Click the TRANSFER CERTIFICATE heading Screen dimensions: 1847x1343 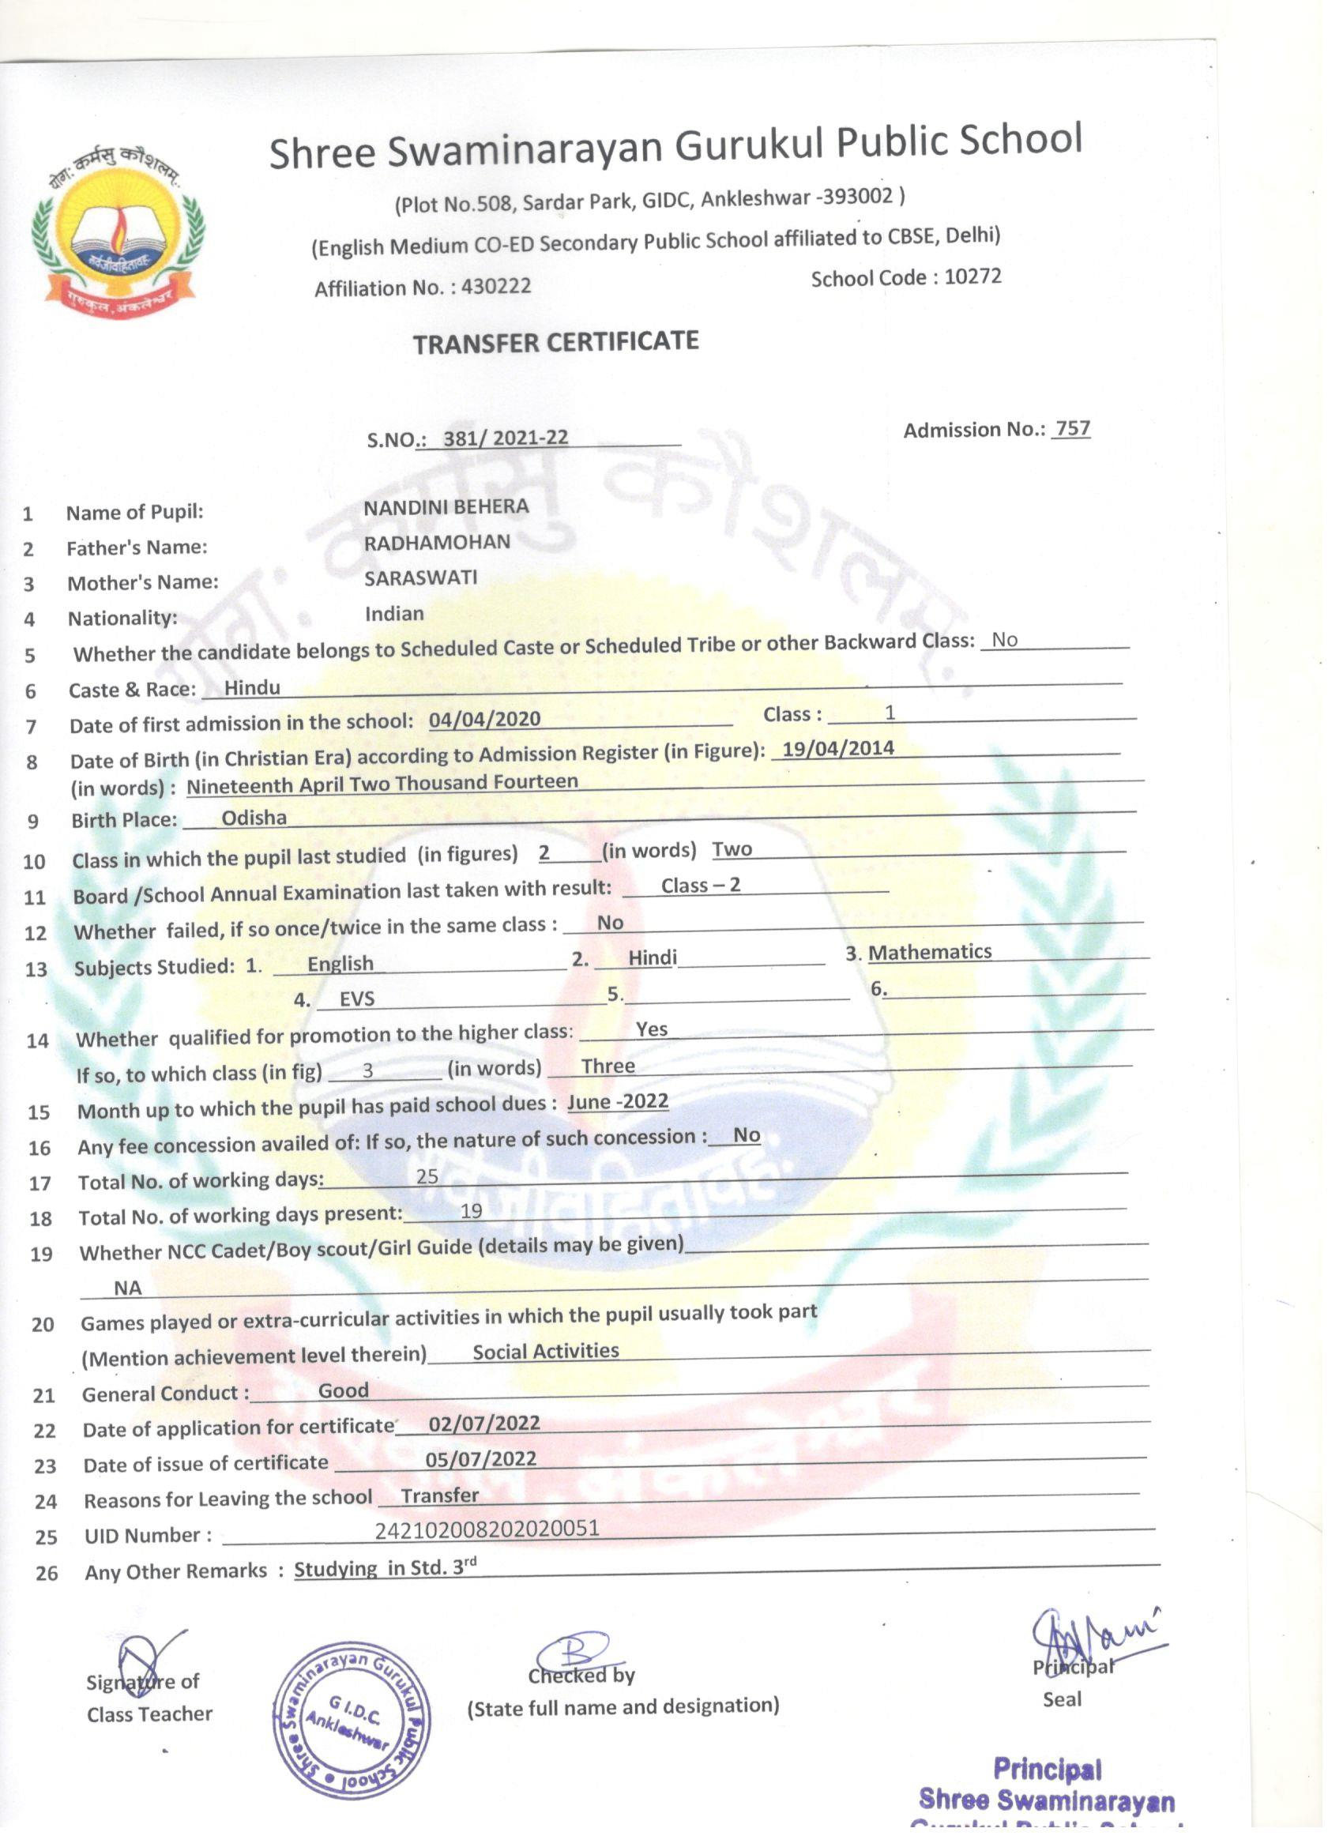click(555, 342)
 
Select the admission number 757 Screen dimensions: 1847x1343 click(1073, 428)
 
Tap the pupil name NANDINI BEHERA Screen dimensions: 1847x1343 click(446, 506)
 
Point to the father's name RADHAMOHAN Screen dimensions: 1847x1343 click(437, 543)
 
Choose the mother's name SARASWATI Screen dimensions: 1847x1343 click(420, 577)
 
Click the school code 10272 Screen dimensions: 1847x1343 click(972, 276)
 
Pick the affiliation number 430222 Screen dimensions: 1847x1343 click(496, 286)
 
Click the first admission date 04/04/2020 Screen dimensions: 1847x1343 click(484, 718)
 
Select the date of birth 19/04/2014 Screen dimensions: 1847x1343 click(837, 747)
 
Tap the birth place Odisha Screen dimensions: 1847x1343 click(254, 818)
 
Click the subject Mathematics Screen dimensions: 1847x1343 click(929, 951)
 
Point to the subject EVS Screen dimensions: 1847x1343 click(357, 999)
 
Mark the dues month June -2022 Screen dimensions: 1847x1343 click(618, 1101)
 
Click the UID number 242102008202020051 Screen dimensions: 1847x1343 click(487, 1528)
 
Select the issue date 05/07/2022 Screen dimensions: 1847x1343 click(480, 1458)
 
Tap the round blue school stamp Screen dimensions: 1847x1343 click(352, 1719)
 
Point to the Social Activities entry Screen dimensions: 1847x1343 click(546, 1351)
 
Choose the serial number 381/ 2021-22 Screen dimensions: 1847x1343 click(506, 438)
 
